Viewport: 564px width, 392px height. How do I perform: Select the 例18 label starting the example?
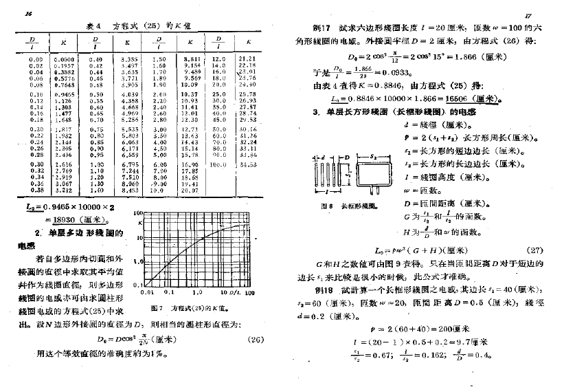(x=320, y=293)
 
